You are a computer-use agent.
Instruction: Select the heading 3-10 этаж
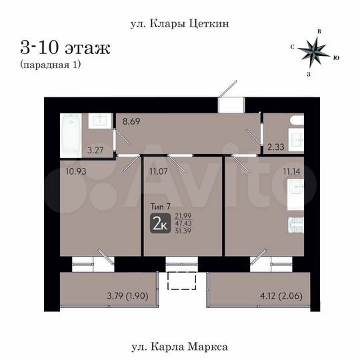point(65,48)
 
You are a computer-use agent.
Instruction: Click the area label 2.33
point(275,147)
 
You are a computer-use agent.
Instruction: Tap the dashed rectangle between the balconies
point(180,281)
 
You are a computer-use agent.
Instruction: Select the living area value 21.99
point(184,216)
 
